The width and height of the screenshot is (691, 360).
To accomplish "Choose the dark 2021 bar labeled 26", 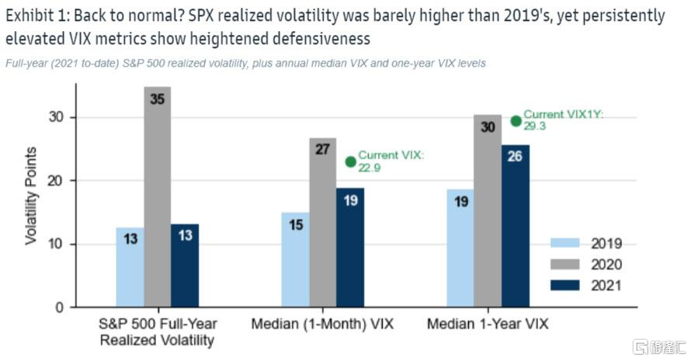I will (x=516, y=226).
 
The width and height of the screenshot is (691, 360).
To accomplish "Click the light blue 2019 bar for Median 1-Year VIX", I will (x=460, y=248).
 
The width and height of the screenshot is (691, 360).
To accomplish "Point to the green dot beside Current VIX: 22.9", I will (x=350, y=162).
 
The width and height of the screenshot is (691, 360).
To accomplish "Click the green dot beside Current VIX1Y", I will (x=516, y=120).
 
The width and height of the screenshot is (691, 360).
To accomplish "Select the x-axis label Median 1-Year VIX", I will (x=488, y=324).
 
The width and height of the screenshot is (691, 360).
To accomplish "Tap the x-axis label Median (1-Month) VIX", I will (x=322, y=324).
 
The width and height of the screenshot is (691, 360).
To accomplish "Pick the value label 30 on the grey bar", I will (x=487, y=128).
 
